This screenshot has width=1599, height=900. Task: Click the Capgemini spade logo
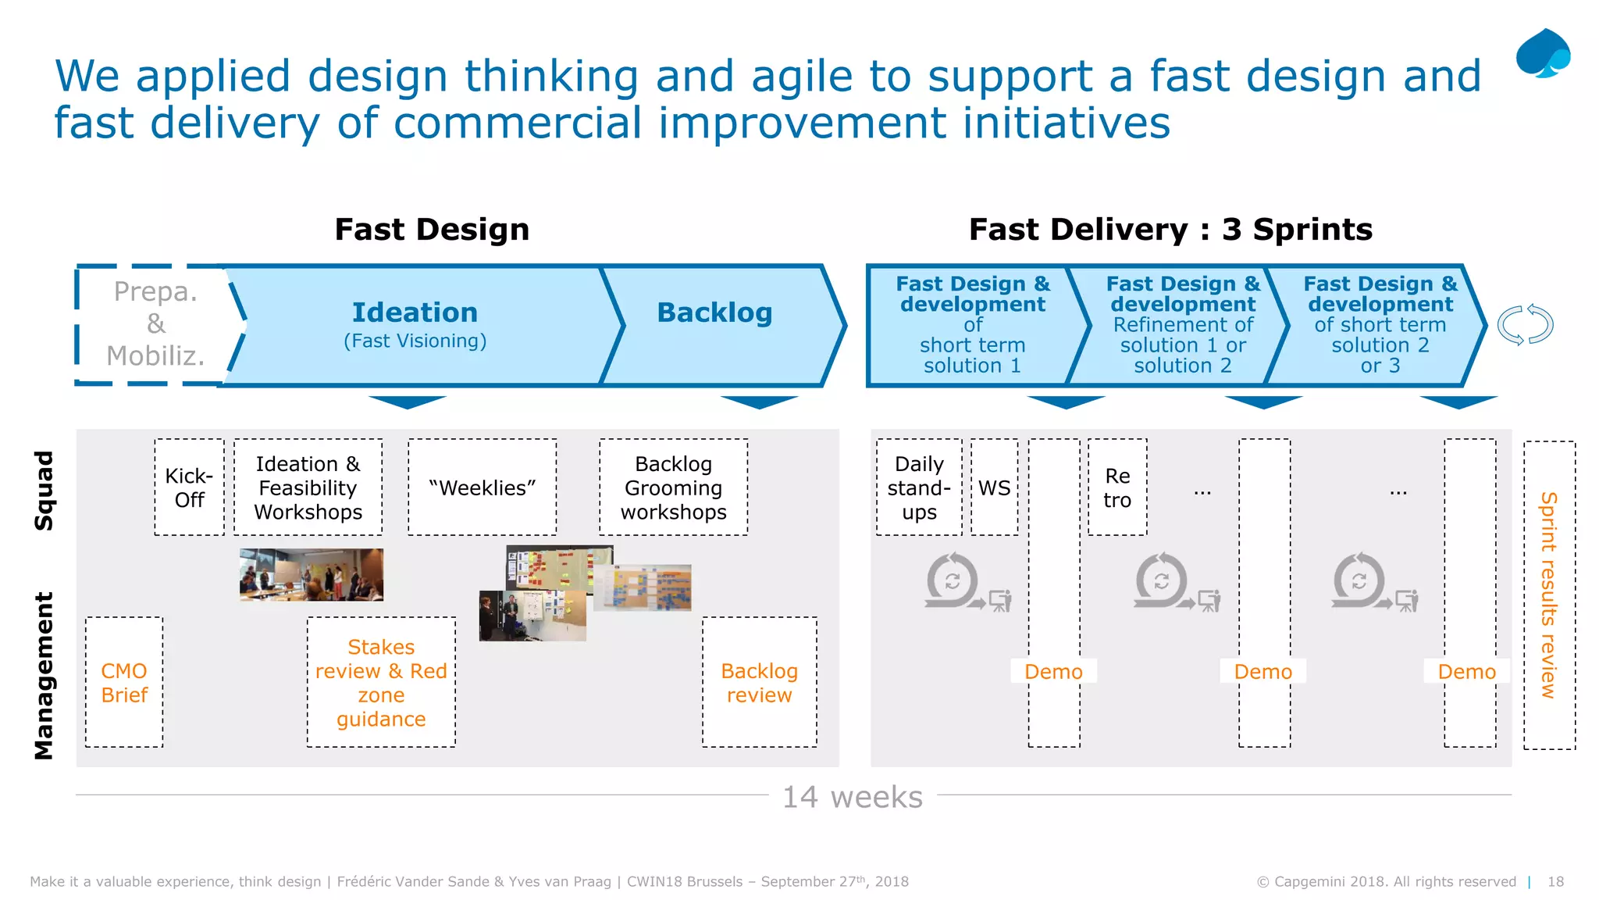point(1543,53)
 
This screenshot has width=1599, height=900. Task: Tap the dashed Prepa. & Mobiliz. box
point(155,324)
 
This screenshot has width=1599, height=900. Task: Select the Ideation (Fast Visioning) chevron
point(415,324)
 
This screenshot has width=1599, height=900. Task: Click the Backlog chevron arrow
point(714,324)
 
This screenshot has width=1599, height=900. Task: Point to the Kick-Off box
point(189,487)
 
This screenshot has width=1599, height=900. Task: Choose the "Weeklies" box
point(482,487)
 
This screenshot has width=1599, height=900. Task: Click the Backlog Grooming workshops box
point(673,487)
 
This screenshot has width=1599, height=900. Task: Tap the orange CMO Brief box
point(124,682)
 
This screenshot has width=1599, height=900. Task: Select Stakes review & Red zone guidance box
point(381,682)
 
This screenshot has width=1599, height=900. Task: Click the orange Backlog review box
point(759,682)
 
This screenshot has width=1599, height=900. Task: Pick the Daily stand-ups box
point(919,487)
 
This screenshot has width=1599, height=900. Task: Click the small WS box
point(994,487)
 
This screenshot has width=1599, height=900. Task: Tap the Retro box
point(1117,487)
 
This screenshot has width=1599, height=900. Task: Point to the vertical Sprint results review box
point(1549,595)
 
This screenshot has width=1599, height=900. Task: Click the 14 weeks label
point(853,797)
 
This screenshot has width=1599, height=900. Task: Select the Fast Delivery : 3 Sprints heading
point(1170,230)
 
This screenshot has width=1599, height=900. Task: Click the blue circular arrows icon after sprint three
point(1525,324)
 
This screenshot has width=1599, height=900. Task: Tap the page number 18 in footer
point(1555,881)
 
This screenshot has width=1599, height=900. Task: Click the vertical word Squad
point(45,490)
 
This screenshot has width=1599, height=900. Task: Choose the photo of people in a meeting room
point(312,574)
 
